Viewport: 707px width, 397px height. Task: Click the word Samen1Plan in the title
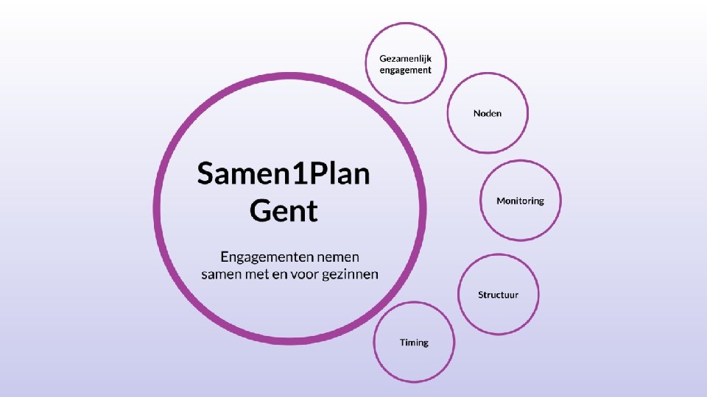pos(284,175)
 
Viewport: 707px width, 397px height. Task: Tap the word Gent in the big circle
pos(284,211)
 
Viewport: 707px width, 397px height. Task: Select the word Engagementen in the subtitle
pos(267,257)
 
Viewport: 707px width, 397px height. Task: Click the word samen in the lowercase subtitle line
pos(220,274)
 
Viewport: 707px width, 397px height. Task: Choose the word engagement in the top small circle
pos(405,70)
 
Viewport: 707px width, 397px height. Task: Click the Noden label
pos(488,113)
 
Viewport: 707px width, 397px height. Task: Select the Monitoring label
pos(520,201)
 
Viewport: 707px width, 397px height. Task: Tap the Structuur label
pos(498,295)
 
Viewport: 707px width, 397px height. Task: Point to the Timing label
pos(414,343)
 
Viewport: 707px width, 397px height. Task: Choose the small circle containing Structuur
pos(498,312)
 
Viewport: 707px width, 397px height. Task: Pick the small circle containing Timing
pos(414,360)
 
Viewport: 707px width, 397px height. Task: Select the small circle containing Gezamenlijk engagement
pos(405,85)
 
